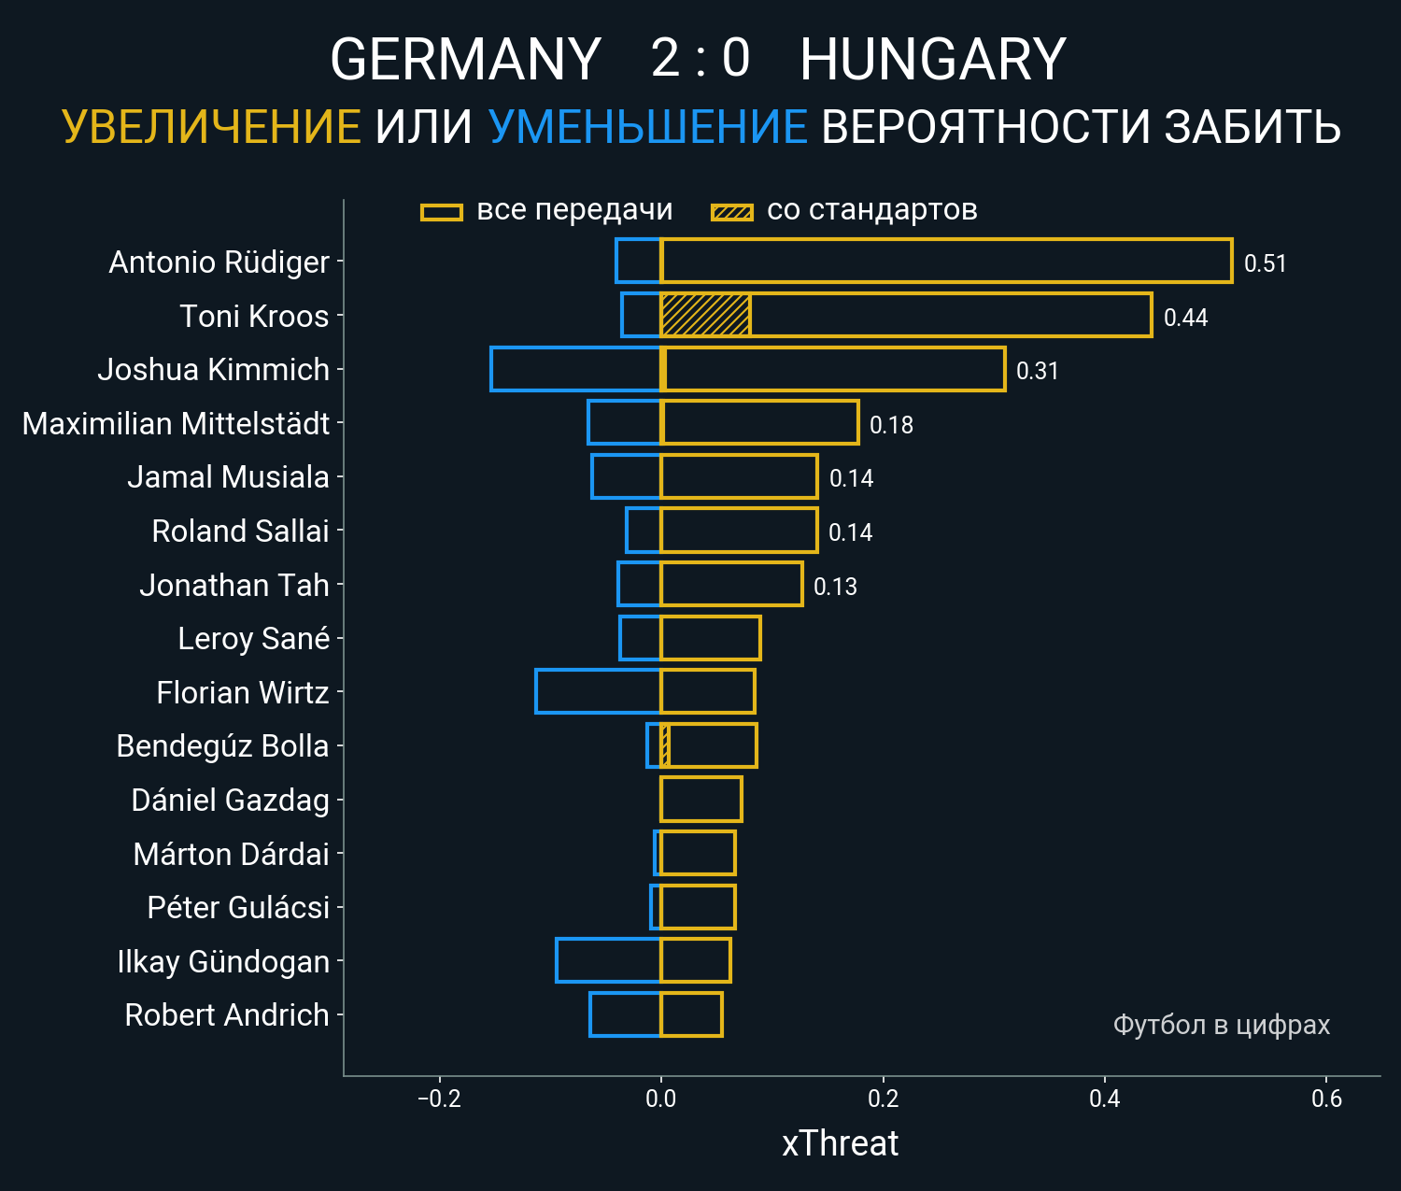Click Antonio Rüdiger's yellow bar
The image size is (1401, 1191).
[945, 261]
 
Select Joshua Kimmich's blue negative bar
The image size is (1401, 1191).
[575, 369]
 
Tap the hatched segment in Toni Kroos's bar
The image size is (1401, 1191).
[705, 315]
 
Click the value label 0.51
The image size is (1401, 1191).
[1265, 263]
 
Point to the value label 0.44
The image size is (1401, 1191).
[1185, 318]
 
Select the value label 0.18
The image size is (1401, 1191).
[891, 425]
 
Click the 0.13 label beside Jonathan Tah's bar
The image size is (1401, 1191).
[835, 587]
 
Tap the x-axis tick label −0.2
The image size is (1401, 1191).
[439, 1099]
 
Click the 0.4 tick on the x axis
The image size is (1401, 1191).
[1104, 1099]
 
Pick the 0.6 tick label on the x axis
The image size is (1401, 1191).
[1326, 1099]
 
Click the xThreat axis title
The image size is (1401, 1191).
[840, 1143]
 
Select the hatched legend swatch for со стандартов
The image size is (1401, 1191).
[731, 212]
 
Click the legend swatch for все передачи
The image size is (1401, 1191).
[442, 212]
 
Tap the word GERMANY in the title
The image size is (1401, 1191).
[465, 60]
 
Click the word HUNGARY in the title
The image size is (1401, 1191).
[932, 60]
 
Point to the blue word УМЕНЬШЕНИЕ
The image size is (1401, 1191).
[647, 127]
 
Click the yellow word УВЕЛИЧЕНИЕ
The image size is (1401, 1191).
[211, 127]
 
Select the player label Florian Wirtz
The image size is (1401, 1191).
[243, 692]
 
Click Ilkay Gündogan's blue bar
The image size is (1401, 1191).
[608, 960]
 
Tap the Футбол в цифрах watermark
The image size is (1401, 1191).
[1221, 1025]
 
